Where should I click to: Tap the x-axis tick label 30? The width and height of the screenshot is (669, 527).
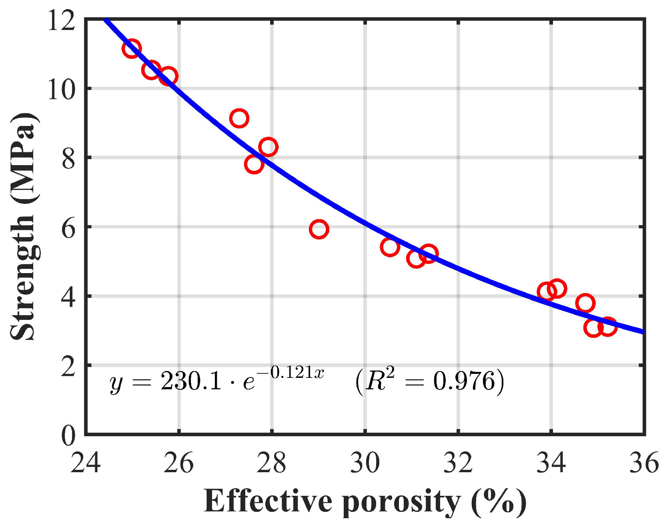365,463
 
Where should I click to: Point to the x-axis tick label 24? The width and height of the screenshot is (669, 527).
85,463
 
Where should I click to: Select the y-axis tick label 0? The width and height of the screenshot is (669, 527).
68,435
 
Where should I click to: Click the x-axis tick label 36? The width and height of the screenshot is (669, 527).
644,463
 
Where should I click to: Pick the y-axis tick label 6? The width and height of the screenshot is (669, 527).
68,228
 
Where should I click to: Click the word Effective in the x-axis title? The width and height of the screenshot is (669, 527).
268,501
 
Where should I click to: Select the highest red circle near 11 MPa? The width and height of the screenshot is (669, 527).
132,49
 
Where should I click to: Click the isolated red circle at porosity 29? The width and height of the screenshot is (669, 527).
319,229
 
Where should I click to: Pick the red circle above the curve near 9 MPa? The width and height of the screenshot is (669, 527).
239,118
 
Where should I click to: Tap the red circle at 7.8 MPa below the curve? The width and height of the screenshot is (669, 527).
254,164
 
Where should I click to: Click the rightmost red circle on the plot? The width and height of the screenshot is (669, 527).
607,327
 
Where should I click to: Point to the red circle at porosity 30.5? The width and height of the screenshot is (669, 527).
390,247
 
